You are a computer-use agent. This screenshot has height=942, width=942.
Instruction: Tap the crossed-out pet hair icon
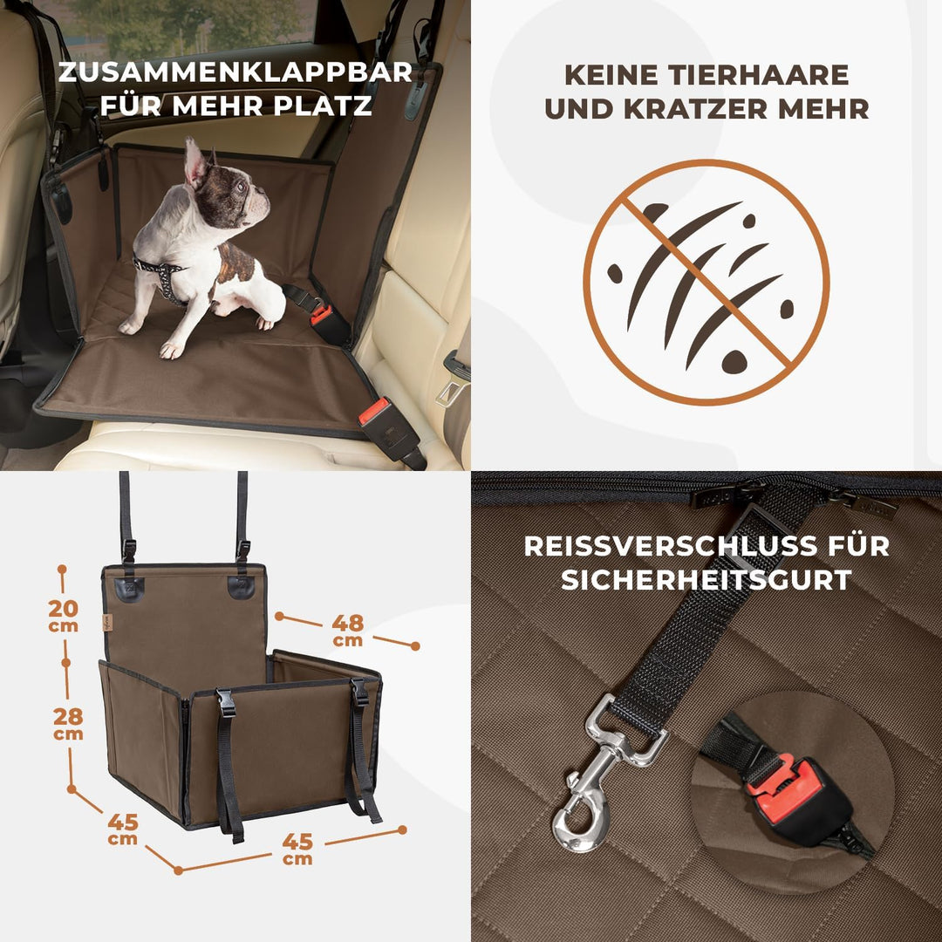click(706, 282)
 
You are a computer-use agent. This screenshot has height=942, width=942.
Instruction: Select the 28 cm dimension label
click(67, 722)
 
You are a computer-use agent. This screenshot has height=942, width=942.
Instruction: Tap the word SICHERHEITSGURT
click(706, 580)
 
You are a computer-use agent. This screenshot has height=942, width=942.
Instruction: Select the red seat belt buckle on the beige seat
click(374, 410)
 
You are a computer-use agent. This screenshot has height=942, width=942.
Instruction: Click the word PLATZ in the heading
click(324, 106)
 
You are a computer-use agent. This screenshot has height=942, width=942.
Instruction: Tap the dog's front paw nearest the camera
click(172, 350)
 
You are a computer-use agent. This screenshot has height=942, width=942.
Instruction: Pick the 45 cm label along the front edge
click(297, 848)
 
